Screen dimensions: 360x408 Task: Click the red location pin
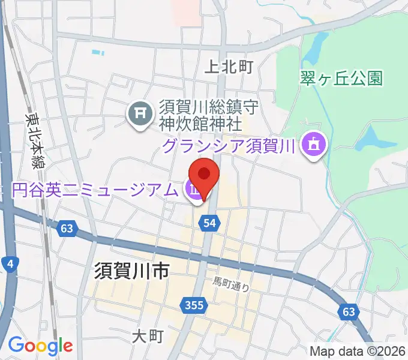pyautogui.click(x=204, y=175)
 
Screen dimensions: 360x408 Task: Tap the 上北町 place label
pyautogui.click(x=229, y=67)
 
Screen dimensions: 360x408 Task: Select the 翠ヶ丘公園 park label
pyautogui.click(x=341, y=78)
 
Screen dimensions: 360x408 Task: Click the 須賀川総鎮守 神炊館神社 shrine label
pyautogui.click(x=200, y=116)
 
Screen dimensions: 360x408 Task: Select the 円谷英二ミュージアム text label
pyautogui.click(x=95, y=190)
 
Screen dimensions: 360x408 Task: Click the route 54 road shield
pyautogui.click(x=209, y=223)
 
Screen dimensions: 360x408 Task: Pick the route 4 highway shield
pyautogui.click(x=9, y=263)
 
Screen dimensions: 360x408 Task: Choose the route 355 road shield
pyautogui.click(x=193, y=306)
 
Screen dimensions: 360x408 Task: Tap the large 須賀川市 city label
pyautogui.click(x=132, y=272)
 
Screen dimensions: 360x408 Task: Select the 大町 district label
pyautogui.click(x=148, y=336)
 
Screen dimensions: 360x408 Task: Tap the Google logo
pyautogui.click(x=40, y=346)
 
